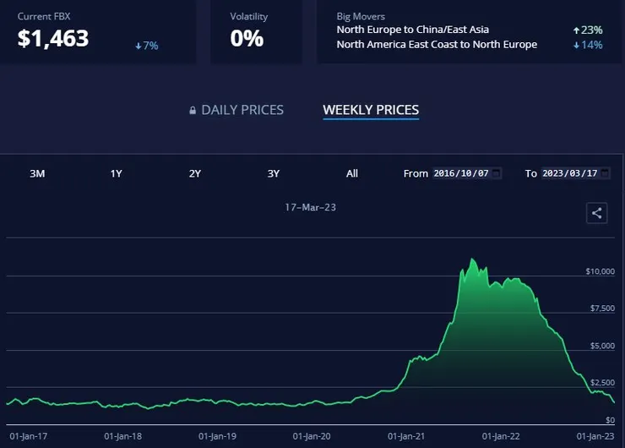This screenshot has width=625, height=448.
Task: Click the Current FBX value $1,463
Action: coord(53,38)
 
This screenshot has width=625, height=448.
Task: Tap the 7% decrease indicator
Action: coord(146,45)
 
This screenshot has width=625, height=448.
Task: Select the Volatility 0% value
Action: coord(247,38)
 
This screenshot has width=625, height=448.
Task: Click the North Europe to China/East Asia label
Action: coord(412,30)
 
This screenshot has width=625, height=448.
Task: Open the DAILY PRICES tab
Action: coord(242,110)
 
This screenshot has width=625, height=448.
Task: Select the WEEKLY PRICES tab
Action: coord(371,110)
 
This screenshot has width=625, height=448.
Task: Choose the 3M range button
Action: coord(37,173)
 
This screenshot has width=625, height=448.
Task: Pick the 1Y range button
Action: coord(117,173)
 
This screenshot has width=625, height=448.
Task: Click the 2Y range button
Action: coord(194,173)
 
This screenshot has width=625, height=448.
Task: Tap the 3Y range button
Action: coord(274,173)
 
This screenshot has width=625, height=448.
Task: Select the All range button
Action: coord(352,173)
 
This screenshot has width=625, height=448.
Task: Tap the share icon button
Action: coord(596,213)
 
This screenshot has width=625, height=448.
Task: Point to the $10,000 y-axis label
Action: coord(598,271)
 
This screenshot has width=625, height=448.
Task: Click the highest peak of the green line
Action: coord(472,259)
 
